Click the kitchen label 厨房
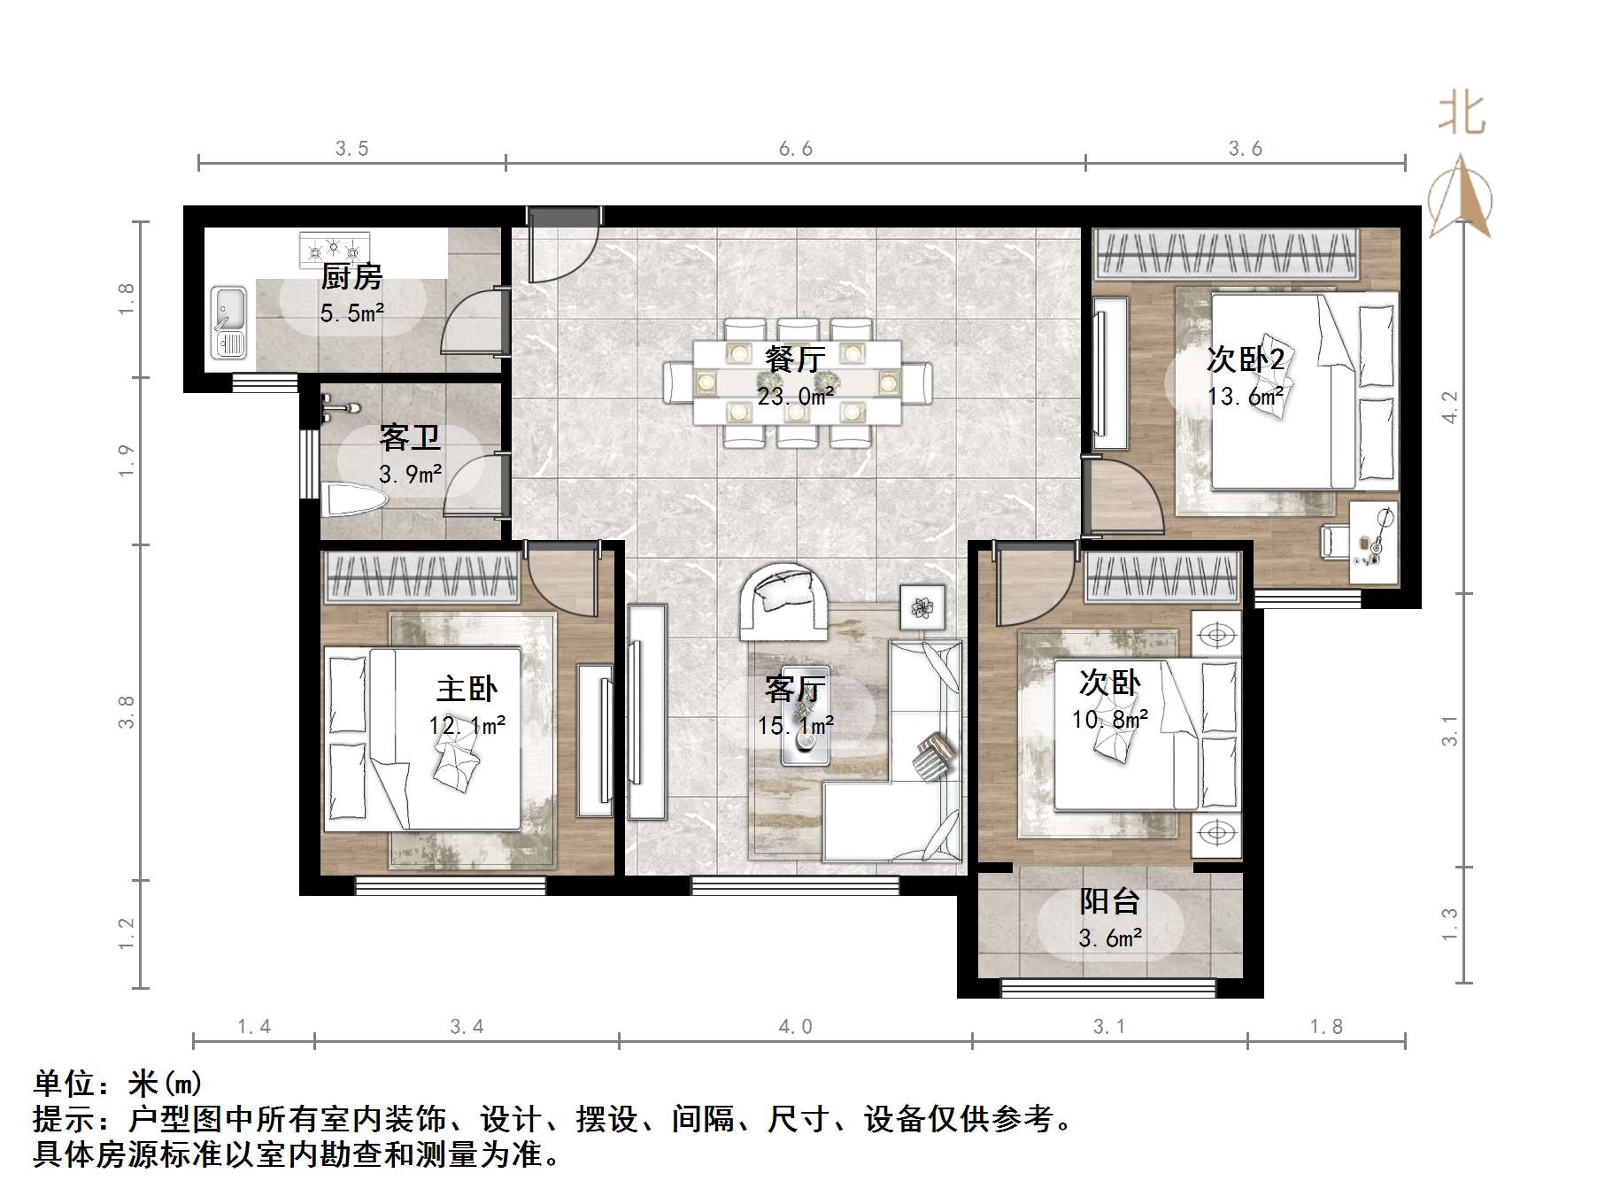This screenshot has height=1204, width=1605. click(x=351, y=277)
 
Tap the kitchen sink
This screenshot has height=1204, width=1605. click(x=228, y=321)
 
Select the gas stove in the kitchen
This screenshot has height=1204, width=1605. click(x=335, y=250)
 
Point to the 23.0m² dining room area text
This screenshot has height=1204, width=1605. click(x=794, y=397)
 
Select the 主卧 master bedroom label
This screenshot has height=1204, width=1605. click(x=467, y=689)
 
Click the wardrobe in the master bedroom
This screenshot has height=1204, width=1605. click(x=421, y=577)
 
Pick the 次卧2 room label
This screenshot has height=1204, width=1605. click(x=1245, y=359)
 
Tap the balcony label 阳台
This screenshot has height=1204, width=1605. click(x=1109, y=902)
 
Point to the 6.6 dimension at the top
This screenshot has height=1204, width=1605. click(x=795, y=149)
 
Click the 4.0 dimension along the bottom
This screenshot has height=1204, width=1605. click(x=795, y=1027)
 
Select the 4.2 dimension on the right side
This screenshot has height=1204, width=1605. click(x=1449, y=407)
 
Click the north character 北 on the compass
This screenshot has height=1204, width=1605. click(x=1461, y=115)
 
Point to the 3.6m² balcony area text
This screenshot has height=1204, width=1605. click(x=1109, y=938)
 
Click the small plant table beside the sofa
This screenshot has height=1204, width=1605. click(x=922, y=607)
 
